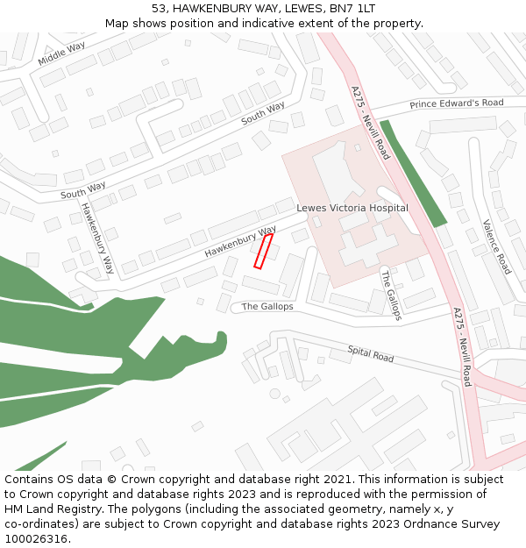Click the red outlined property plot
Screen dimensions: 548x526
263,251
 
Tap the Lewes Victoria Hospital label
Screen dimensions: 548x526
352,209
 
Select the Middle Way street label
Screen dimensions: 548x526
61,53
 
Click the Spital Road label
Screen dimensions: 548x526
371,354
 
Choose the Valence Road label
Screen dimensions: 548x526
496,246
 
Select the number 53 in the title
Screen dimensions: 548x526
159,9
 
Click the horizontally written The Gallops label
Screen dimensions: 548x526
267,307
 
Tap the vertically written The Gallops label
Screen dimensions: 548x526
390,295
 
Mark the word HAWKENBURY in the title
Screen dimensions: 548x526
214,9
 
